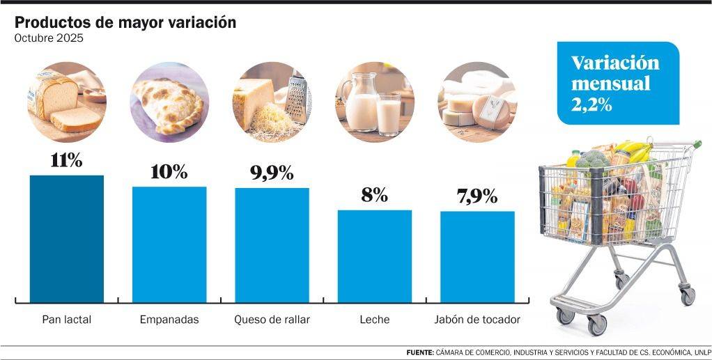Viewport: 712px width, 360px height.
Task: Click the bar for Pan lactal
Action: coord(67,238)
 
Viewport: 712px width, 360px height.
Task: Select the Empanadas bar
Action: coord(169,244)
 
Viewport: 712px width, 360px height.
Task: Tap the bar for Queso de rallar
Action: coord(272,244)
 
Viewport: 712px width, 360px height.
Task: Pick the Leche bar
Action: coord(375,256)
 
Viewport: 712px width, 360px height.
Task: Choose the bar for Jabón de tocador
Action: coord(477,256)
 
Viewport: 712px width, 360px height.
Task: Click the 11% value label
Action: coord(67,160)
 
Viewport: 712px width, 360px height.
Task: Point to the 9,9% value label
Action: coord(272,173)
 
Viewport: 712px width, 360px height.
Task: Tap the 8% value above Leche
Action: coord(375,195)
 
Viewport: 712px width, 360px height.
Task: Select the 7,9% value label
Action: coord(477,196)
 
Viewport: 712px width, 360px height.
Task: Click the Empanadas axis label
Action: coord(169,320)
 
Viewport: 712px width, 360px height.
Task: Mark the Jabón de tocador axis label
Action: coord(477,320)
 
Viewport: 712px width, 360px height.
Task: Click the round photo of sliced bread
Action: coord(67,102)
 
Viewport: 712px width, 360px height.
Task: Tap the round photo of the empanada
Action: coord(169,102)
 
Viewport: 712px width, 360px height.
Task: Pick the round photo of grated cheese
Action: coord(272,102)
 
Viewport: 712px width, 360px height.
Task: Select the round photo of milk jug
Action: coord(375,102)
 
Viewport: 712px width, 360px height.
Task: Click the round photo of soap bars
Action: coord(477,102)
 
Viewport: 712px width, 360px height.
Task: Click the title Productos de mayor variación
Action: coord(125,22)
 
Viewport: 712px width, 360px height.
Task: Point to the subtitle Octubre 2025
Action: coord(49,38)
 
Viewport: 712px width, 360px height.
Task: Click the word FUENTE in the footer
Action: coord(419,352)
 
